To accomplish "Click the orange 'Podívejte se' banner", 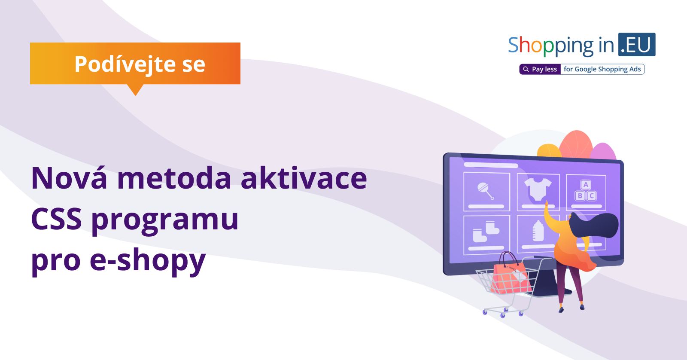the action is [x=135, y=64].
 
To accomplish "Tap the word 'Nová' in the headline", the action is [x=69, y=178].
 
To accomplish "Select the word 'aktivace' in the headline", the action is [x=304, y=178].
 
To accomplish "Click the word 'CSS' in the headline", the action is [x=56, y=219].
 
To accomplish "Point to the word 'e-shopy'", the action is [x=148, y=261].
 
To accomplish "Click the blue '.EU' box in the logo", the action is [x=637, y=45].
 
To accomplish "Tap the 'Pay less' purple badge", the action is [x=540, y=69].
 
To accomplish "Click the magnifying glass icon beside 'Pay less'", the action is [x=526, y=69].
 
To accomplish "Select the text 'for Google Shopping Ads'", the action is [x=602, y=69].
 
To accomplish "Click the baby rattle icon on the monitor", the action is [x=486, y=191].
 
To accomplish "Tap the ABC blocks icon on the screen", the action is [x=586, y=191].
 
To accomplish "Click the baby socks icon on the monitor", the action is [x=486, y=232].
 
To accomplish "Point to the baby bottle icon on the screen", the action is [x=538, y=231].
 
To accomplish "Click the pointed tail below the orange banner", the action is [x=135, y=90].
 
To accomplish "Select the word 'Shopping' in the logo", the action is [x=551, y=46].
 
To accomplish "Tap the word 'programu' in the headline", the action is [x=165, y=221].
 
